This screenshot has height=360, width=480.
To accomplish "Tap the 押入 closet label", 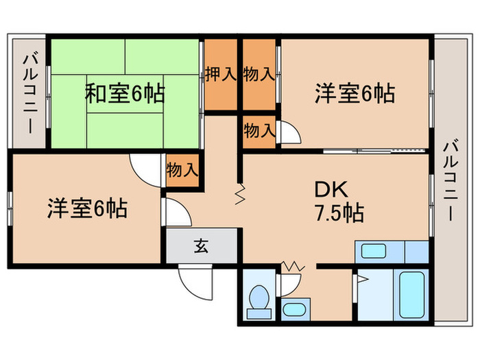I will [220, 74].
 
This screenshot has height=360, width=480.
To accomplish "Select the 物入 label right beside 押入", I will [259, 74].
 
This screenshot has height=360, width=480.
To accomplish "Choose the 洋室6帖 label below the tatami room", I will [86, 207].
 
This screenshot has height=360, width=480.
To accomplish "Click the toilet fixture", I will [259, 302].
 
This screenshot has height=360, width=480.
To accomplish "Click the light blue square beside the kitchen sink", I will [417, 252].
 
